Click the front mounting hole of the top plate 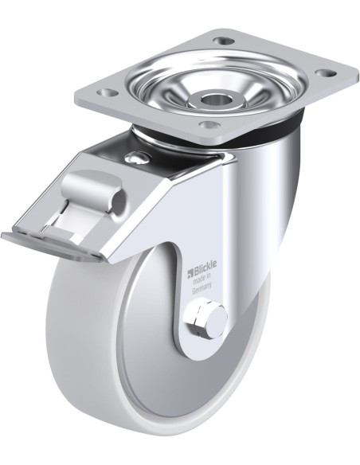point(209,125)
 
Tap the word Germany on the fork point(203,291)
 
